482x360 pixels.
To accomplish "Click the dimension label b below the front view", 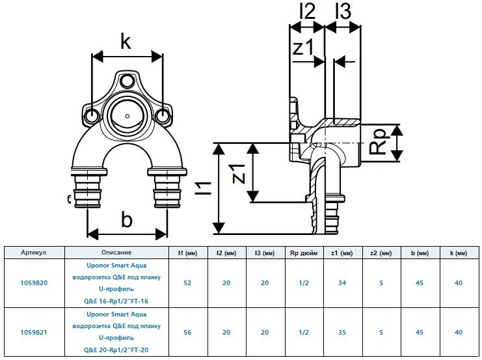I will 126,219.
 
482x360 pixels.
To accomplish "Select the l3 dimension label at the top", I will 343,12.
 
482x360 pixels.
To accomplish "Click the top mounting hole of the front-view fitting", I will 127,81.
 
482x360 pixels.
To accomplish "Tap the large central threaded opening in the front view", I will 126,115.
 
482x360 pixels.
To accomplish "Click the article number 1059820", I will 33,283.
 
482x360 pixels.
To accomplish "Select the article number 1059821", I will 33,331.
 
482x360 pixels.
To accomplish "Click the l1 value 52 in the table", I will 187,283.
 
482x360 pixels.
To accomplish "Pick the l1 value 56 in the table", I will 187,331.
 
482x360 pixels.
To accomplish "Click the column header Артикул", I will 33,253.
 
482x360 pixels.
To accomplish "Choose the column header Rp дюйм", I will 302,253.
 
